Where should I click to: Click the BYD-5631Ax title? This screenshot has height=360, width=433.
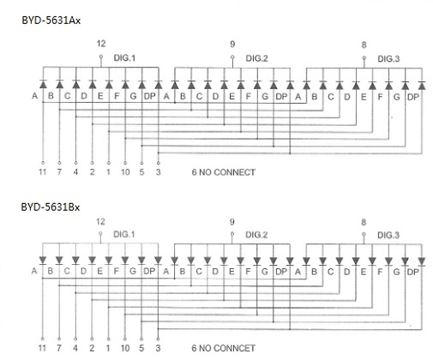51,21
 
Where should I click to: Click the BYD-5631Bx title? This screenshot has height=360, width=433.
51,207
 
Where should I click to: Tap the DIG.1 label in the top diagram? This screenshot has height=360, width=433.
124,58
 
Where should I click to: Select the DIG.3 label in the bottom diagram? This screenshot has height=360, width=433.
388,235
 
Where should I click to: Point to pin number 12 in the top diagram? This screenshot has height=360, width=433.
101,44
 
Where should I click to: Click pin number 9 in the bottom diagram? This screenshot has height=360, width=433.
232,222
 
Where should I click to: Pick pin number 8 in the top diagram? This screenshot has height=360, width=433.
364,45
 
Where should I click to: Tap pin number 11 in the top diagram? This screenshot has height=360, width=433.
43,172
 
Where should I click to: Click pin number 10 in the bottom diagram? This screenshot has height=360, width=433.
125,348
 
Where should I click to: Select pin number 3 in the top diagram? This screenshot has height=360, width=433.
159,172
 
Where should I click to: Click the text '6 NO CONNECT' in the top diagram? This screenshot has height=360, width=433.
223,172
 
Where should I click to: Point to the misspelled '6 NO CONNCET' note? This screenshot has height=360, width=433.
223,348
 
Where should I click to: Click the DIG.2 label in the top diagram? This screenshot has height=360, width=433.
256,58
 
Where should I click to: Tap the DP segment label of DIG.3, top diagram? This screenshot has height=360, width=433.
412,97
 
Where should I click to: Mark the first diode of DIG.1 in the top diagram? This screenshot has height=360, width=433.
43,84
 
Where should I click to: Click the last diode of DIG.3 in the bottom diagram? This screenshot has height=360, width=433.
422,261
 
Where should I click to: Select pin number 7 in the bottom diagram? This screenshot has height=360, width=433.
59,348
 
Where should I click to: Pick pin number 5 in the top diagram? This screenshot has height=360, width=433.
141,172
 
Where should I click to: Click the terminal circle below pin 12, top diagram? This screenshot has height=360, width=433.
101,57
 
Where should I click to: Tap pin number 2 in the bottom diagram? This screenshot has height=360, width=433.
92,348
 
